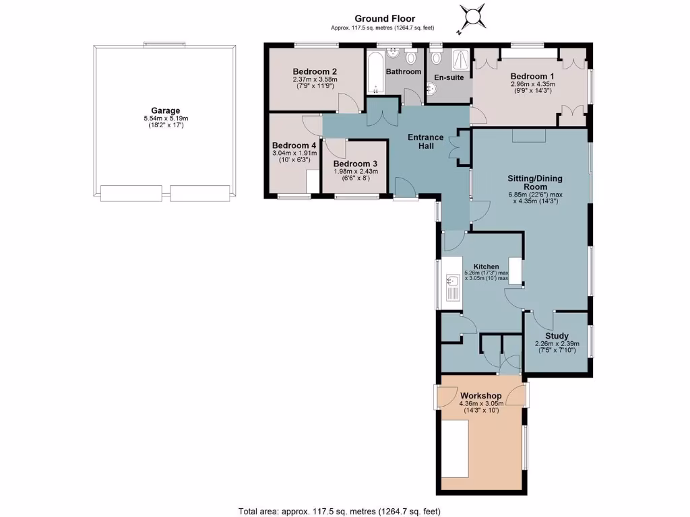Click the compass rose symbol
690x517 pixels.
[x=473, y=17]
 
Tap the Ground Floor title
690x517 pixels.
[x=385, y=19]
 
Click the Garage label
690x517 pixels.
[x=165, y=111]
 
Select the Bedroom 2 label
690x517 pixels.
[x=315, y=71]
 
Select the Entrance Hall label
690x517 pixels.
[x=426, y=142]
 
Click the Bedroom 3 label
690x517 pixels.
[x=355, y=164]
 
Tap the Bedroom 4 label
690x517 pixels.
[x=294, y=145]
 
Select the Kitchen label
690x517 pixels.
[x=485, y=267]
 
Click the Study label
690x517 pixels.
[x=557, y=336]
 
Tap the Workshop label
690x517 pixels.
[x=480, y=395]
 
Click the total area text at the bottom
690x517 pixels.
[x=340, y=511]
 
